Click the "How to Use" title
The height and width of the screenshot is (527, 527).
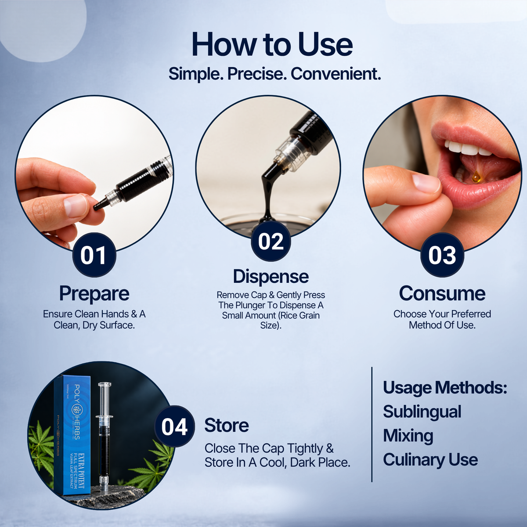coord(272,45)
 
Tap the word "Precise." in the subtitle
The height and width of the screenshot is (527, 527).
coord(257,74)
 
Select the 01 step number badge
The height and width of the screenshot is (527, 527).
coord(94,255)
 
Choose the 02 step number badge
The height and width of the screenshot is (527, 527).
coord(271,241)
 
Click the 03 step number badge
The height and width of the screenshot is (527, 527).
coord(442,255)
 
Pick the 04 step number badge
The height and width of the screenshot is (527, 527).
coord(174,426)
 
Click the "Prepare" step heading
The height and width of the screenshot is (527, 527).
coord(94,294)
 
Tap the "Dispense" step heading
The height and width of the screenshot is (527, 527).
coord(271,277)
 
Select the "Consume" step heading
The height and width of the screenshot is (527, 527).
coord(442,293)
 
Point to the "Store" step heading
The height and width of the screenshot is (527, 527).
coord(227,425)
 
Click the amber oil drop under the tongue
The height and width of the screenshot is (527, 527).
coord(476,177)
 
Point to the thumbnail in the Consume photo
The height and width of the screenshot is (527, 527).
coord(426,183)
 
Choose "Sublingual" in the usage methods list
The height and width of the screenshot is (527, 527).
coord(422,412)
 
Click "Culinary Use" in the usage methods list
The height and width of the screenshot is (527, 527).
coord(430,460)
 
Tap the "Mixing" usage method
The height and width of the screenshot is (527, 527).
coord(408,437)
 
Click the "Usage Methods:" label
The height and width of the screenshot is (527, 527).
coord(445,388)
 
